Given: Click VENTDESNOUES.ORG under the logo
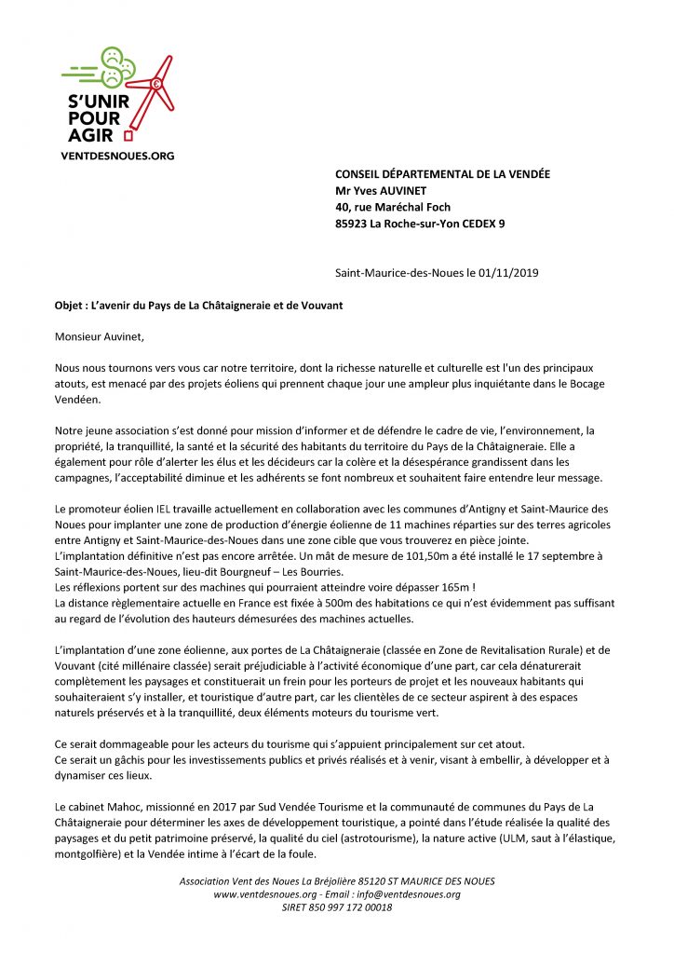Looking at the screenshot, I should [117, 156].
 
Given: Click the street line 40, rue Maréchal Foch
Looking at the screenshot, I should [395, 207].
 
